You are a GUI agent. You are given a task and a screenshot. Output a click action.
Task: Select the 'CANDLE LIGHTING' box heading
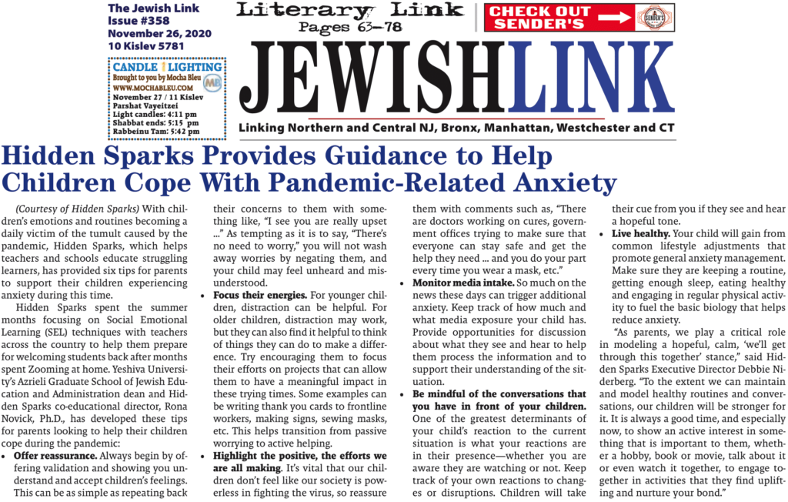[x=167, y=68]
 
